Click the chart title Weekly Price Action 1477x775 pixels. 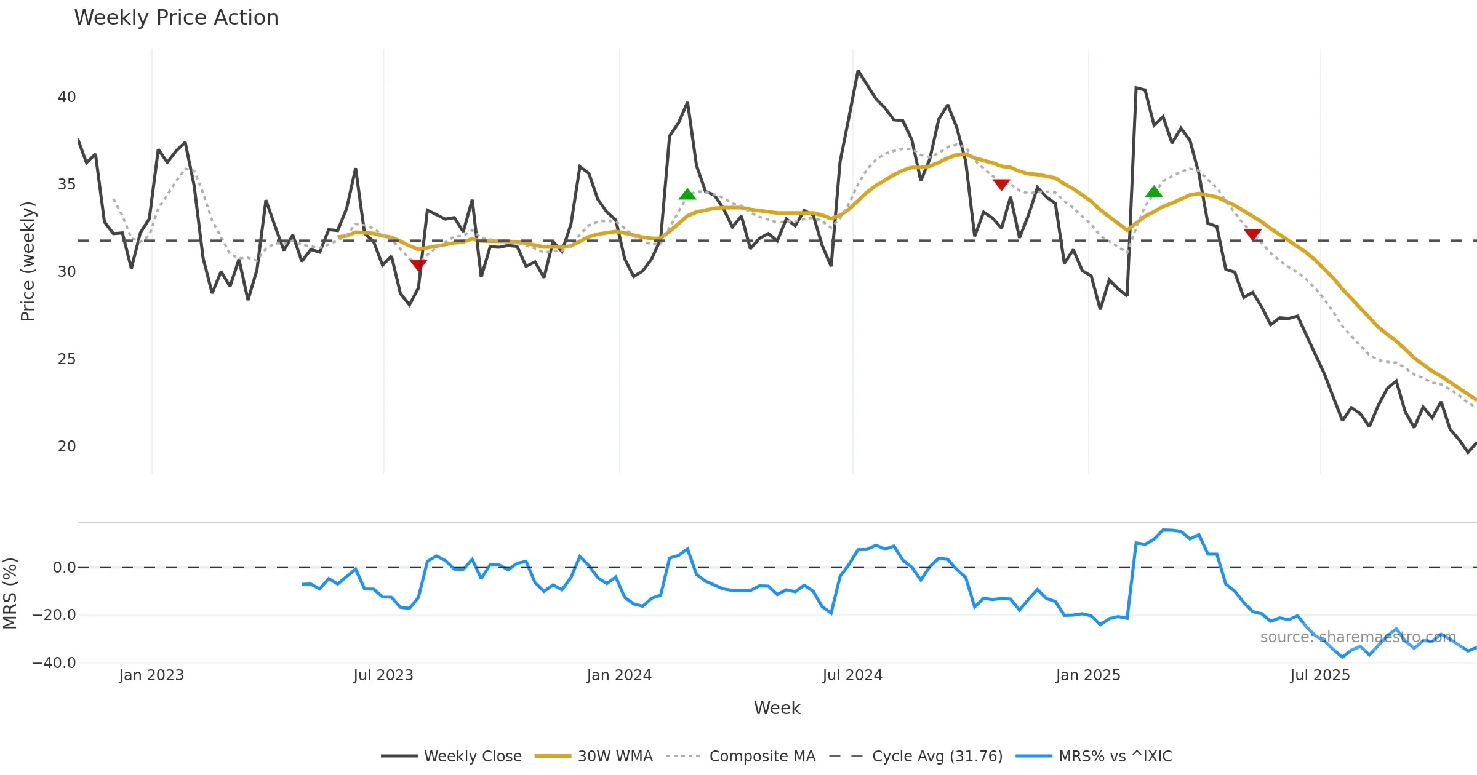click(176, 18)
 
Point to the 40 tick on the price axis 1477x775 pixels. click(66, 97)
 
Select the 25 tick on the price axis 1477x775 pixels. click(66, 359)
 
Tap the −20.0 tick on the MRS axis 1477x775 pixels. click(54, 615)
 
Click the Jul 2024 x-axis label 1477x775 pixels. click(852, 675)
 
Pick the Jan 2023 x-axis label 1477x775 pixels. click(151, 675)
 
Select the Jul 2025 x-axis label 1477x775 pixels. click(1320, 675)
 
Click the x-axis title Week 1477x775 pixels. click(777, 709)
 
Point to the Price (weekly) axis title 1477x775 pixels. click(28, 261)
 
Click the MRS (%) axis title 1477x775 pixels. click(10, 594)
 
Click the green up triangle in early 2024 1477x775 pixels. click(687, 194)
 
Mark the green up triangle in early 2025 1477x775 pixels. click(1154, 192)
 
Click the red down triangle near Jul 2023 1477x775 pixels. click(418, 265)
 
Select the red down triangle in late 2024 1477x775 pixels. click(1001, 185)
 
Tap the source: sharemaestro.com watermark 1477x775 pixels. click(1358, 637)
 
